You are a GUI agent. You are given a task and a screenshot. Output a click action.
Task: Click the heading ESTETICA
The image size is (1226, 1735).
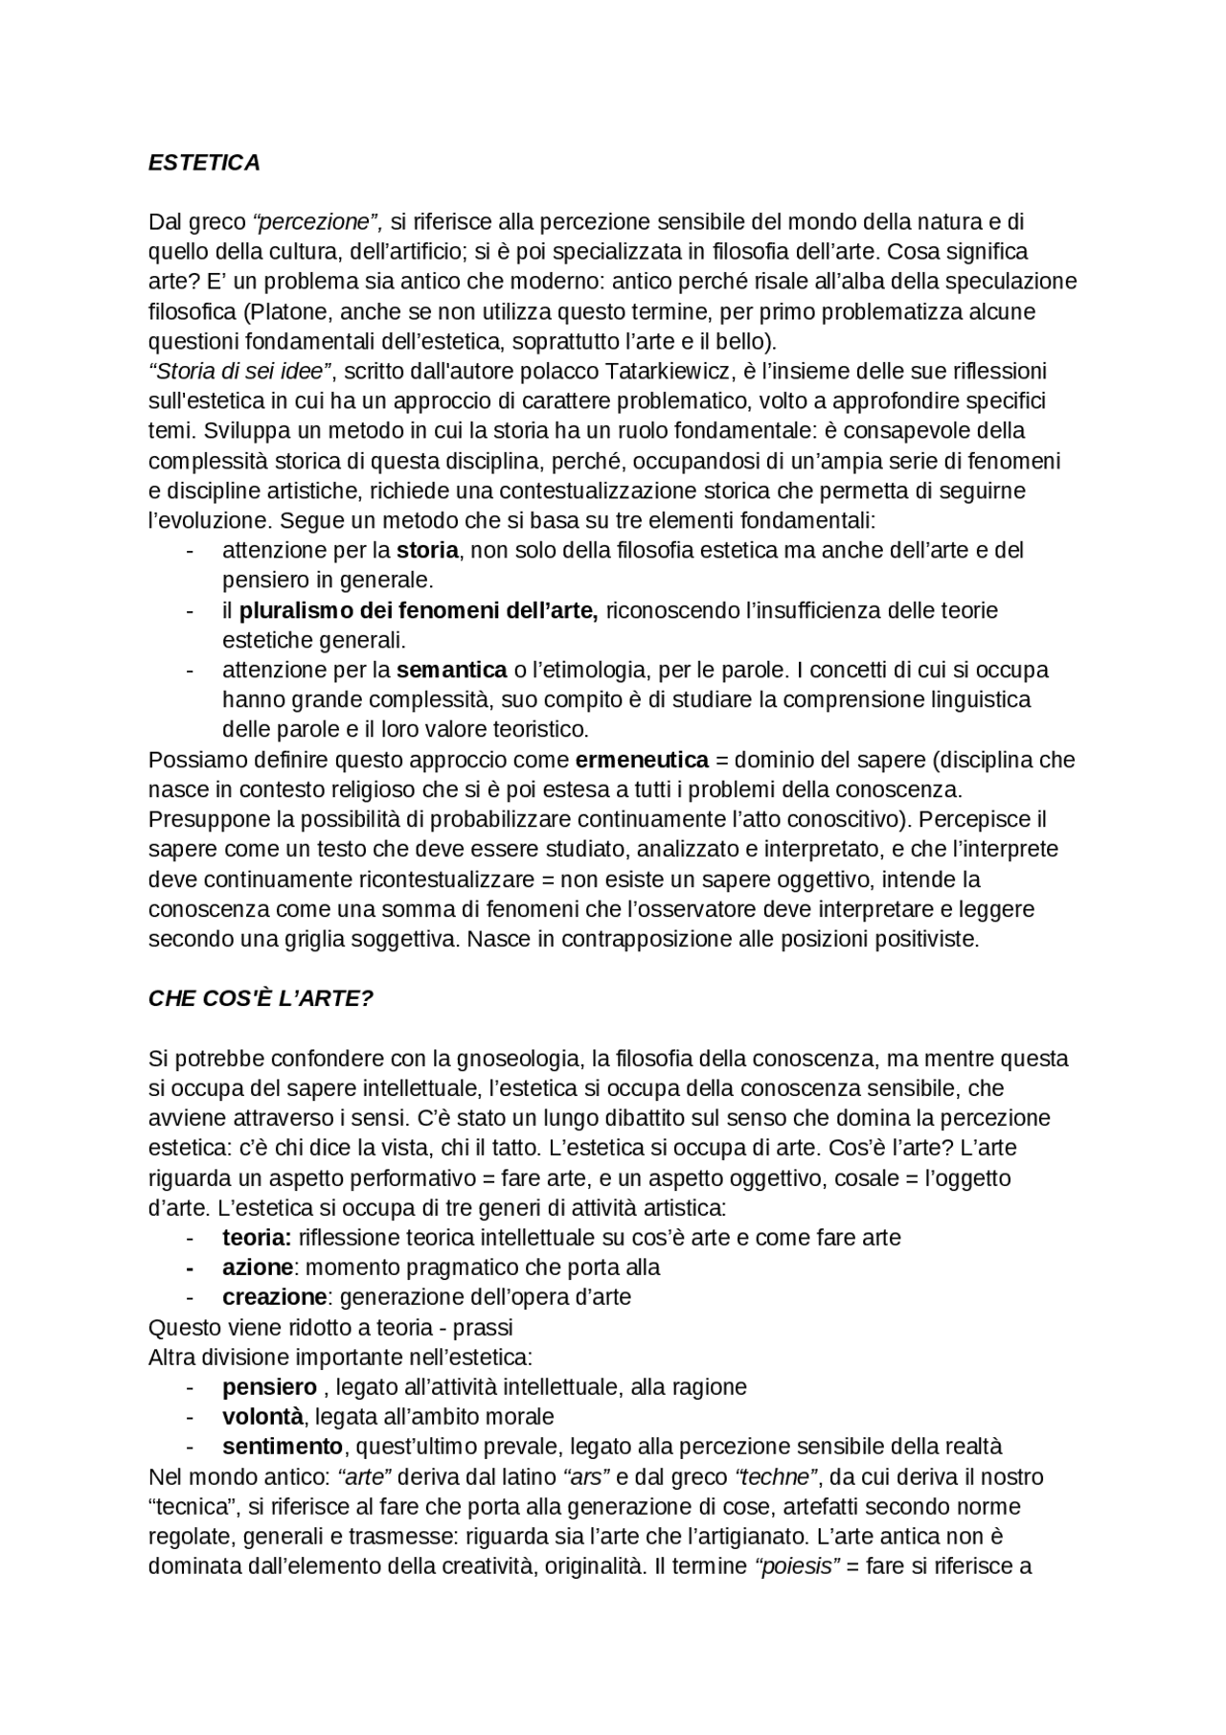click(204, 163)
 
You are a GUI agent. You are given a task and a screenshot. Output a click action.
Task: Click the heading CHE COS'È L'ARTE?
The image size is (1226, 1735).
click(261, 998)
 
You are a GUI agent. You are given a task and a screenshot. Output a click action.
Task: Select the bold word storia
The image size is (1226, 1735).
click(427, 550)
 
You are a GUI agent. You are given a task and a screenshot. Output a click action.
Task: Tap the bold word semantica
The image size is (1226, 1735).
click(451, 669)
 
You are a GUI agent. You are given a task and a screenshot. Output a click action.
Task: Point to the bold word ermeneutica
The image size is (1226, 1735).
click(642, 760)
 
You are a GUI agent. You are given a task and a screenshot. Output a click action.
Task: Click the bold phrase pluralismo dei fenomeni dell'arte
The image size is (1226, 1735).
click(419, 610)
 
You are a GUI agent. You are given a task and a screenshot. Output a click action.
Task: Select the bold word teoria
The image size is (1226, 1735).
click(257, 1238)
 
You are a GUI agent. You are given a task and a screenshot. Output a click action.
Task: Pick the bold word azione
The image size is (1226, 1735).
click(257, 1267)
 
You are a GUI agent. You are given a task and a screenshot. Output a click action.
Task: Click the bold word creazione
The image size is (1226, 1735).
click(274, 1297)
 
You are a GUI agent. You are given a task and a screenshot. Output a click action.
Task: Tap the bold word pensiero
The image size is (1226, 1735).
click(269, 1386)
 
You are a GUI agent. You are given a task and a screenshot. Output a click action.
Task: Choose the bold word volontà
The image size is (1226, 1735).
click(262, 1416)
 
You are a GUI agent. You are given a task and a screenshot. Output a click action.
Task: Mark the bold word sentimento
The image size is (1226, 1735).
click(283, 1446)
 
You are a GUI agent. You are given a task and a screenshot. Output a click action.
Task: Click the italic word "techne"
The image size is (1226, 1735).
click(776, 1476)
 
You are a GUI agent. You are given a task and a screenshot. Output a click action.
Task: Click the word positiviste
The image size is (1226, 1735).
click(927, 939)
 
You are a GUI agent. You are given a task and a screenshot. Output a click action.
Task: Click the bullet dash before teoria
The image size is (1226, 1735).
click(191, 1238)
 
